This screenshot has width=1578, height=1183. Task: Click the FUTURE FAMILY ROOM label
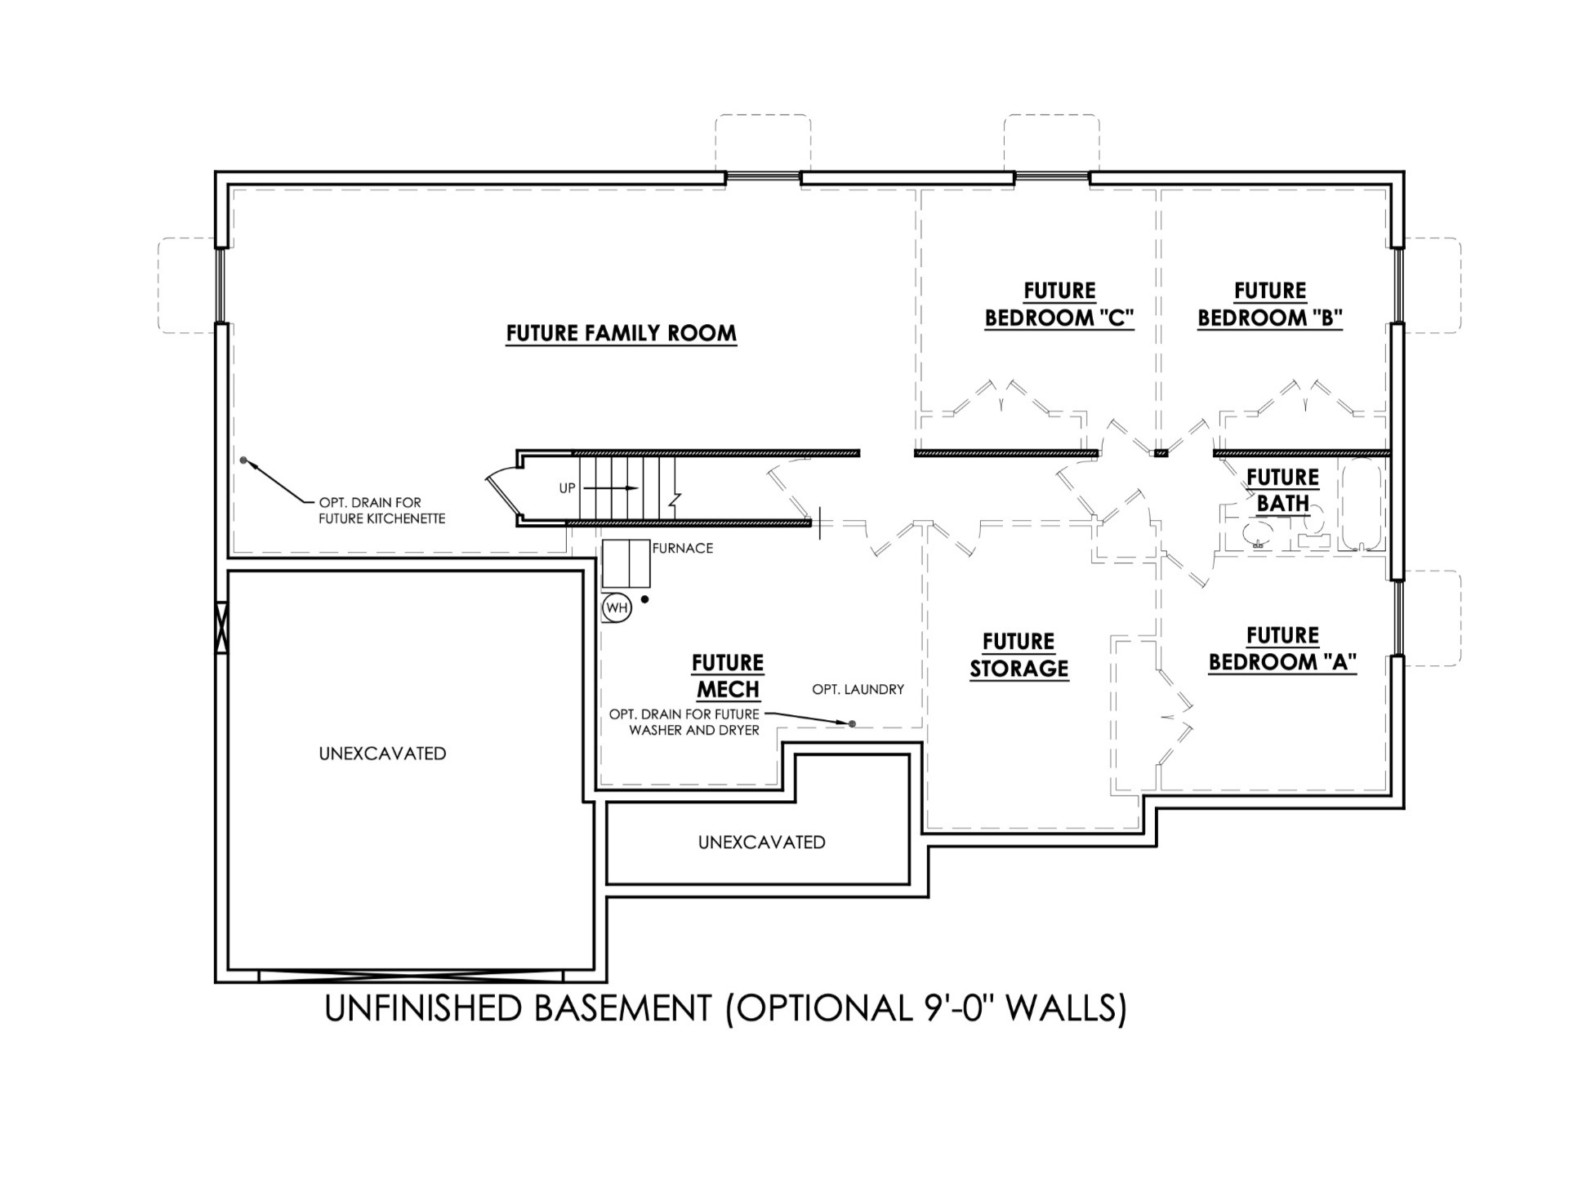tap(621, 333)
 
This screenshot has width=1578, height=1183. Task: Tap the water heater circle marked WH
tap(617, 608)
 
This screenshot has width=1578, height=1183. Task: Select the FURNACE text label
tap(682, 549)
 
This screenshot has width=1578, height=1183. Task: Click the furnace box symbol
tap(626, 563)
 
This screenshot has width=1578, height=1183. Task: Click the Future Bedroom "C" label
tap(1059, 305)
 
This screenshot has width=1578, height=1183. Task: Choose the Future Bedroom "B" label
tap(1269, 305)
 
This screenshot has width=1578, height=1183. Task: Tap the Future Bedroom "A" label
tap(1282, 649)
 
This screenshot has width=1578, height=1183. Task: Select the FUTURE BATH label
tap(1282, 490)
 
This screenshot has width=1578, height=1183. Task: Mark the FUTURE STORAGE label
tap(1019, 655)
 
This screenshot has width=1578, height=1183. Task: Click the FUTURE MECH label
tap(728, 676)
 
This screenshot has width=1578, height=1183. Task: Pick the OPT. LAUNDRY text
tap(858, 690)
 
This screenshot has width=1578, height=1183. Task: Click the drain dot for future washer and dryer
tap(852, 724)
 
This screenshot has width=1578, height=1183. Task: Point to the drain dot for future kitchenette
tap(243, 460)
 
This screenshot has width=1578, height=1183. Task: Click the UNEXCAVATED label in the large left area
tap(382, 754)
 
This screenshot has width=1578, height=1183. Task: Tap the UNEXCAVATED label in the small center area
tap(761, 843)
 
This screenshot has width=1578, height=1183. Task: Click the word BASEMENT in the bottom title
tap(622, 1009)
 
